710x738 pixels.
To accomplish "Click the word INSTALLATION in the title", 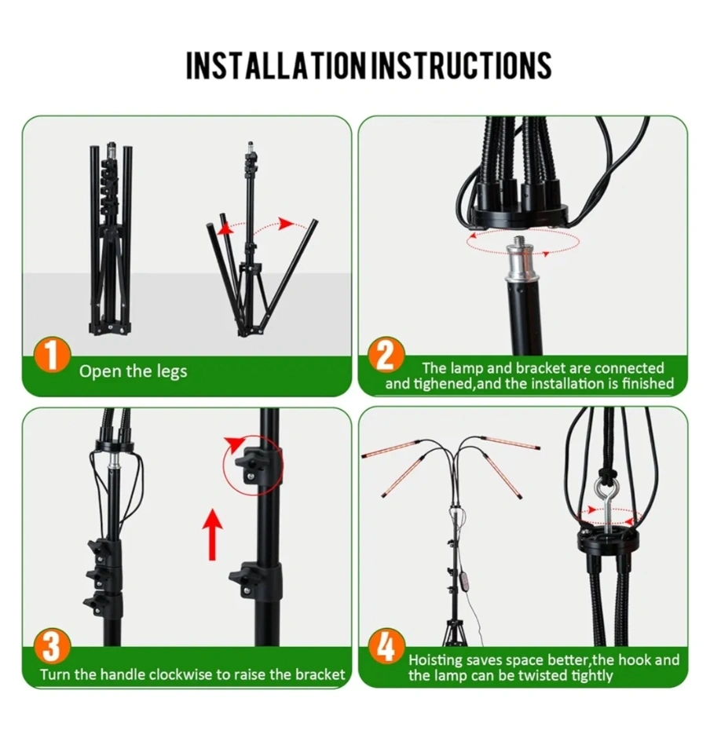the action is point(276,66).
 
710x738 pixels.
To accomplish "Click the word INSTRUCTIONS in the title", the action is point(462,66).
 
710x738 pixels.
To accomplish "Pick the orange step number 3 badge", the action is point(52,647).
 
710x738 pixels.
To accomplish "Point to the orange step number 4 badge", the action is point(386,647).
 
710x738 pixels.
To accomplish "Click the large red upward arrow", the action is point(212,535).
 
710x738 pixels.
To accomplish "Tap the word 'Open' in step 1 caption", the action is point(95,372).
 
